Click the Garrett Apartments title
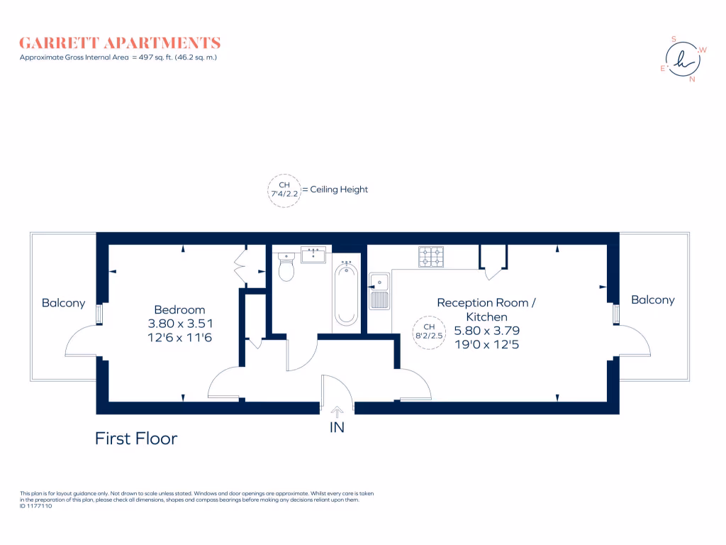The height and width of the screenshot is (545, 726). coord(120,43)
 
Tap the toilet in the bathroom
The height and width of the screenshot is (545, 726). coord(286,268)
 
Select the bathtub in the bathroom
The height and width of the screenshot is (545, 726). coord(346,293)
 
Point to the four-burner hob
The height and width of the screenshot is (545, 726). coord(431,257)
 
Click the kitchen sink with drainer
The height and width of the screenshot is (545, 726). coord(379,291)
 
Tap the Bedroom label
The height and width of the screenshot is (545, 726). coord(179,309)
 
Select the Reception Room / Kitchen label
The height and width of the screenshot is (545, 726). coord(486,309)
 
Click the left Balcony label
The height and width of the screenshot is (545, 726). coord(63,303)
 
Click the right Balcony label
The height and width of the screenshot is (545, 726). coord(652,300)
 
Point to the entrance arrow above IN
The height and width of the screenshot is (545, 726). coord(337,409)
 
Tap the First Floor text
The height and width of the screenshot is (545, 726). coord(136,439)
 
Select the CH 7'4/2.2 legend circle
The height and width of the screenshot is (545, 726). coord(284,190)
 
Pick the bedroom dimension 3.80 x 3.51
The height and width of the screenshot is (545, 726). coord(179,324)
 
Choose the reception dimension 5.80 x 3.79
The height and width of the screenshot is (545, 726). coord(486,331)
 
